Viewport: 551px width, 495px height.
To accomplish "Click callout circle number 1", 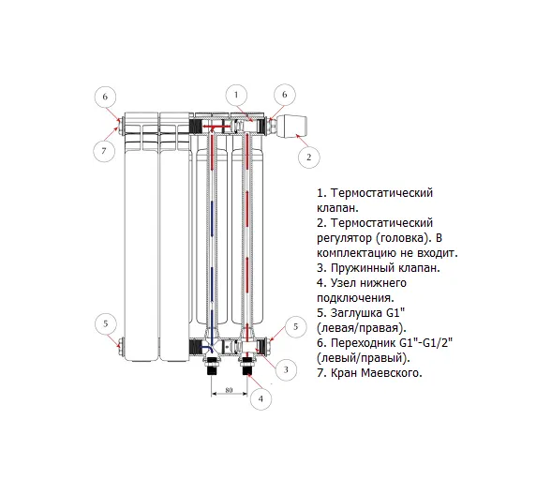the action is coord(236,96).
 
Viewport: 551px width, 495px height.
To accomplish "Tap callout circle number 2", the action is coord(309,157).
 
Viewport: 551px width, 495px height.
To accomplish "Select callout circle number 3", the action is coord(286,369).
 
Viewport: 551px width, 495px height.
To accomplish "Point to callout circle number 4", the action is coord(261,399).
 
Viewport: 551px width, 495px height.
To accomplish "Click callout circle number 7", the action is coord(104,151).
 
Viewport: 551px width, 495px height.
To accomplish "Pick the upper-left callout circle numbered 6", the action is coord(105,97).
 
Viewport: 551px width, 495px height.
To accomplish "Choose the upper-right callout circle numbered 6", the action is coord(285,95).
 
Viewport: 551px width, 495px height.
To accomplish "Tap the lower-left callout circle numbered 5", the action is coord(106,324).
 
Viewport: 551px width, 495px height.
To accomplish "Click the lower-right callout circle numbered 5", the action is coord(295,327).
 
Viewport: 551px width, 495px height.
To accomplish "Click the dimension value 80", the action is coord(229,390).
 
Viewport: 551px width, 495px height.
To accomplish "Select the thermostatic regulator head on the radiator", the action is coord(291,127).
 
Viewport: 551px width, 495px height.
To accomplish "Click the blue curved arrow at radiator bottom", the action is coord(208,348).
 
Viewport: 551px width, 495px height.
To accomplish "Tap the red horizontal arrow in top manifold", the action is coord(216,127).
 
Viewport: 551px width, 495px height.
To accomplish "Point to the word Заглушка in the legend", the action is coord(357,313).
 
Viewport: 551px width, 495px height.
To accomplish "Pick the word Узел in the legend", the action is coord(342,283).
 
